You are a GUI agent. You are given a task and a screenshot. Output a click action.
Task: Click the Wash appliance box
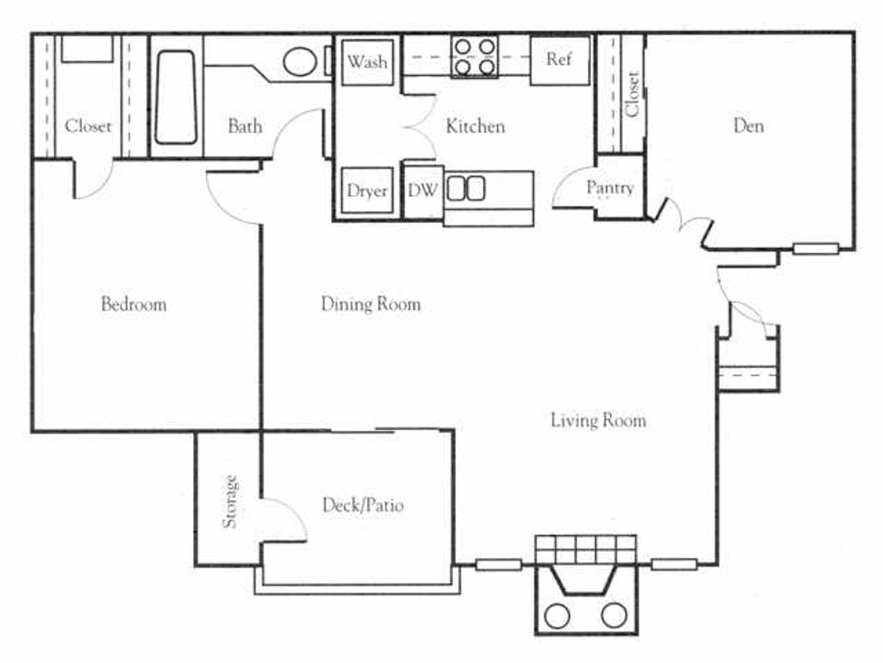click(367, 62)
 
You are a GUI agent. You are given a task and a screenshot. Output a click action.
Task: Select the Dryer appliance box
click(367, 190)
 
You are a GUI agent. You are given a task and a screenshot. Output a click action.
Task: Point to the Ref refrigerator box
click(560, 60)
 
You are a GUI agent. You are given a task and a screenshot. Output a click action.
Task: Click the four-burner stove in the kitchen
click(475, 56)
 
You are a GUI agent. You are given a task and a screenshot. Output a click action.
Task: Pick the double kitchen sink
click(466, 188)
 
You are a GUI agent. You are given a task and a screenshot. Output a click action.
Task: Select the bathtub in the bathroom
click(176, 97)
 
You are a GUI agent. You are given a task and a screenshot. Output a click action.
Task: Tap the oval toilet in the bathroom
click(300, 61)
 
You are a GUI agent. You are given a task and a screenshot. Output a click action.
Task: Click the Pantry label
click(610, 188)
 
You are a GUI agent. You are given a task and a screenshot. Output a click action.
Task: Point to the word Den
click(748, 126)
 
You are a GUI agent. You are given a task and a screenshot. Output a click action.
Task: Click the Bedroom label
click(134, 304)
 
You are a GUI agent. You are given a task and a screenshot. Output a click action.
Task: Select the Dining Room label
click(370, 304)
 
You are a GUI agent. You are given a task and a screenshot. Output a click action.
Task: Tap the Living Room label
click(598, 421)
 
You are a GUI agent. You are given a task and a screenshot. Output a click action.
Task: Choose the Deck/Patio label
click(363, 505)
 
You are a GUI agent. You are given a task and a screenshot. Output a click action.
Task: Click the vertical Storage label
click(230, 502)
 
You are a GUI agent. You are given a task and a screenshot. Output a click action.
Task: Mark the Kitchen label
click(475, 126)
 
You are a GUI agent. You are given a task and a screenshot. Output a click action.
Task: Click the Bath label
click(245, 126)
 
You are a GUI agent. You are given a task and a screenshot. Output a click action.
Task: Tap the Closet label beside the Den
click(632, 95)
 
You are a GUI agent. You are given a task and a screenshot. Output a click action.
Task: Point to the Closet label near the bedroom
click(88, 126)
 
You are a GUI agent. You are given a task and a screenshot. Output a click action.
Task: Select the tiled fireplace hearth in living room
click(586, 549)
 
